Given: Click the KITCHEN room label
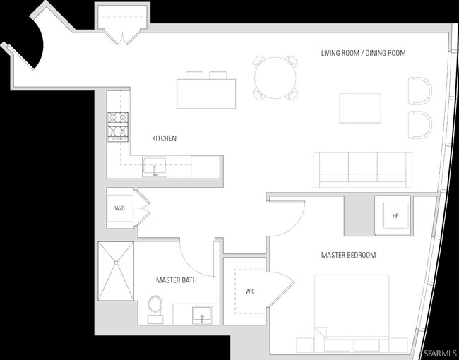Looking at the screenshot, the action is (165, 138).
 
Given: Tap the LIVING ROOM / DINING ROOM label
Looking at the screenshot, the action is (363, 53).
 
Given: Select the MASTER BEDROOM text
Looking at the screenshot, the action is (348, 255).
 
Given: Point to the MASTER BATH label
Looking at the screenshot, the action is (177, 280).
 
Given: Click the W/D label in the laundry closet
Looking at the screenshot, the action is (119, 209).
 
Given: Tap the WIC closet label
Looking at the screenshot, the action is (250, 292).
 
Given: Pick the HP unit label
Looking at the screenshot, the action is (395, 216).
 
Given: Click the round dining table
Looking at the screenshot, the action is (275, 78).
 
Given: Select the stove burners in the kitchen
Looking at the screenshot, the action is (118, 127).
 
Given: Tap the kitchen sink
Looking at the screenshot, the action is (155, 167).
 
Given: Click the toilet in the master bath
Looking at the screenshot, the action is (155, 309).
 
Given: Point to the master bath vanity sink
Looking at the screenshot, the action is (202, 315).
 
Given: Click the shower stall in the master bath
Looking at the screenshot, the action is (116, 271).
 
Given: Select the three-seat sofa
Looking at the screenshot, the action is (363, 169).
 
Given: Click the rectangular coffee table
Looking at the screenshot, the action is (360, 108).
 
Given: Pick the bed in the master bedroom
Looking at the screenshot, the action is (352, 313).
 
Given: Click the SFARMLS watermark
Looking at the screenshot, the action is (439, 352).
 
